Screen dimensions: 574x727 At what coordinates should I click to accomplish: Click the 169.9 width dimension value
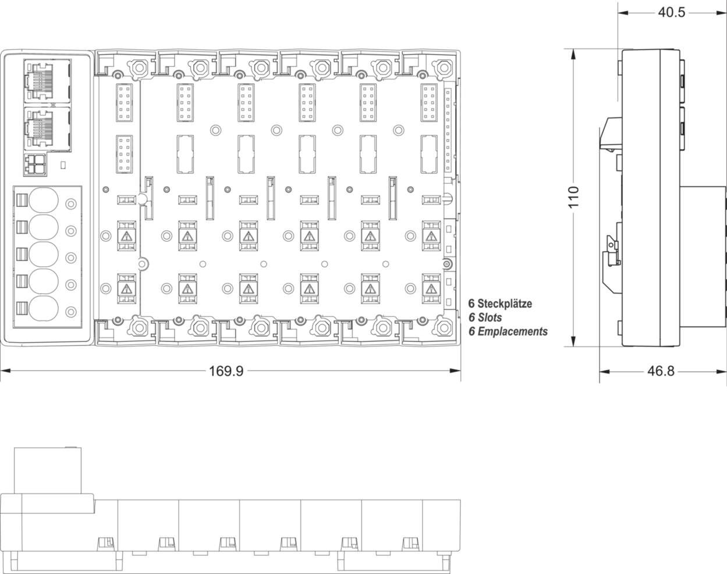[226, 371]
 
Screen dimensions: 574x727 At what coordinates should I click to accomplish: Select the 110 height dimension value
[574, 198]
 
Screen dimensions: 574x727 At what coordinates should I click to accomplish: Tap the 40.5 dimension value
[671, 12]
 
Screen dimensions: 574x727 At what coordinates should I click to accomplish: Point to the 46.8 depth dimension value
[660, 371]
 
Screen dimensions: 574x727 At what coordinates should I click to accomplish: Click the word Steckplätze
[505, 304]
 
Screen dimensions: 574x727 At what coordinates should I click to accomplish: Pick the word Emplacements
[512, 331]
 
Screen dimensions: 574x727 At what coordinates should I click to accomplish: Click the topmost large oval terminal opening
[44, 201]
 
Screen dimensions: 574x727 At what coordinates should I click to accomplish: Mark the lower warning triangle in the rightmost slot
[430, 289]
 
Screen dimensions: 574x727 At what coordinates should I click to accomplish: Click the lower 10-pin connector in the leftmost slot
[125, 154]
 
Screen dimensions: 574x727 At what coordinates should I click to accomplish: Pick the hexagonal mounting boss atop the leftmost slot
[139, 68]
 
